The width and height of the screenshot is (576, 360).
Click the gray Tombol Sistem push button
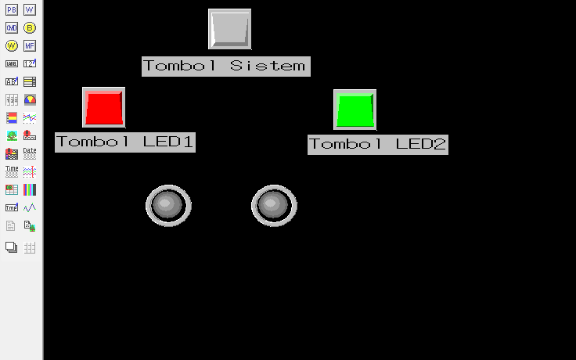click(x=229, y=29)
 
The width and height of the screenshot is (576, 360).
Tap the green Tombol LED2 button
click(x=355, y=110)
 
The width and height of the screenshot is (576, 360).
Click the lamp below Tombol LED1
click(x=167, y=206)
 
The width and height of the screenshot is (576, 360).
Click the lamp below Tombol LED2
click(x=273, y=206)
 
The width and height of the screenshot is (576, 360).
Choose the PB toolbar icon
click(x=12, y=9)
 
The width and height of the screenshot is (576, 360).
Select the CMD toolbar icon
click(x=12, y=27)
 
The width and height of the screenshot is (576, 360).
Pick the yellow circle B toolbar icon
click(x=30, y=27)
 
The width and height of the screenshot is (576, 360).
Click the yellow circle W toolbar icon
click(x=12, y=45)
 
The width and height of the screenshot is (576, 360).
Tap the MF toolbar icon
click(x=30, y=45)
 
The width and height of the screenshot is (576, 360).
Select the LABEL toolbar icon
click(x=12, y=63)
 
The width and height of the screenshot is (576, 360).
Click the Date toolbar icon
click(x=30, y=153)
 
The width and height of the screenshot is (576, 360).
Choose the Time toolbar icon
click(x=12, y=171)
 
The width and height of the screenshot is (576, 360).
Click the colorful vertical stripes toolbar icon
click(x=30, y=189)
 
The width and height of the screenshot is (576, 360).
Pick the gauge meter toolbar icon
click(x=30, y=99)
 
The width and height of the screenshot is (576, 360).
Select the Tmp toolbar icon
click(x=12, y=207)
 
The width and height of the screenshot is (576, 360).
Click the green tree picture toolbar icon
click(x=12, y=135)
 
